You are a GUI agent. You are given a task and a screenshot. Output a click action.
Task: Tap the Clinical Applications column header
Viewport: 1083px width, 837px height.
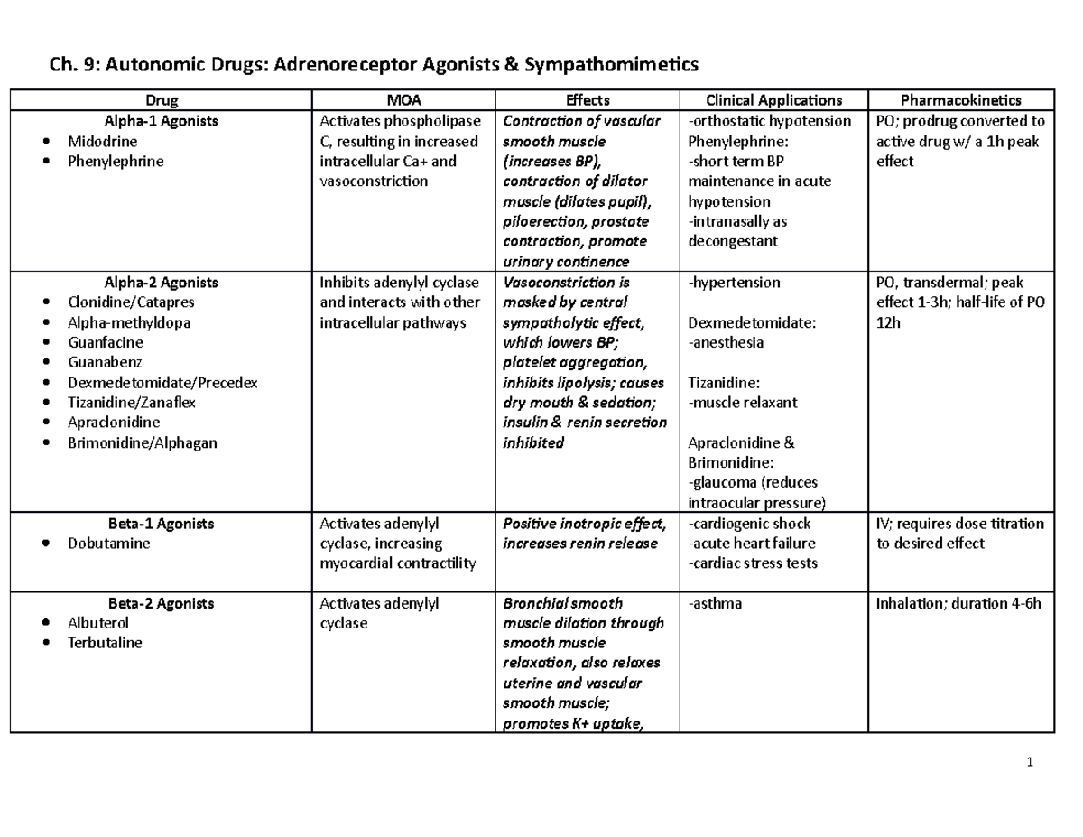(773, 99)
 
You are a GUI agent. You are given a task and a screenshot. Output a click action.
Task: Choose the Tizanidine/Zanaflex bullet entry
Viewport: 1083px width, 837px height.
(131, 403)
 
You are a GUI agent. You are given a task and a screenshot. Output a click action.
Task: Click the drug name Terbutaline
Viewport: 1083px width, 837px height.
(105, 643)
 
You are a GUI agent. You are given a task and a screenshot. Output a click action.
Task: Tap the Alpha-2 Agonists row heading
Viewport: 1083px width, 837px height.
(162, 283)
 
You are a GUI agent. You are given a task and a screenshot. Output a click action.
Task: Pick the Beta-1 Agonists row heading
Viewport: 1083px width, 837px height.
(161, 524)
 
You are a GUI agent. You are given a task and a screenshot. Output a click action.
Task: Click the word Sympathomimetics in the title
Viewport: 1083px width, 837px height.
(597, 64)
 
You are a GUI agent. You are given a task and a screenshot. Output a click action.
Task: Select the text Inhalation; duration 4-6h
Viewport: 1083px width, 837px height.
(958, 603)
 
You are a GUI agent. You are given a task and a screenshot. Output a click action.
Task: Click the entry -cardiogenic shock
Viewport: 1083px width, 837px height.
(749, 524)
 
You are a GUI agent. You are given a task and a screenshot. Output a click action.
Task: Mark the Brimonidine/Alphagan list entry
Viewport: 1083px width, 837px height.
(142, 442)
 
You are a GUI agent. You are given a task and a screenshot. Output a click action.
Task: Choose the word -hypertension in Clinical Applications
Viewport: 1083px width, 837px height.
(734, 283)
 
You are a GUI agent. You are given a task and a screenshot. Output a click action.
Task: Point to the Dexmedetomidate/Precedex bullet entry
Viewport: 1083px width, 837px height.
(162, 383)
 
